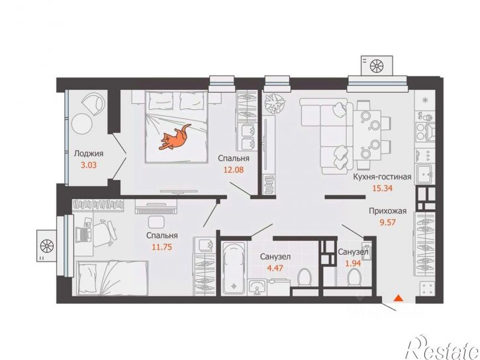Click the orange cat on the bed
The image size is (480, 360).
(x=175, y=138)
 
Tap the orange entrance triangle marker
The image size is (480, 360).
(x=398, y=298)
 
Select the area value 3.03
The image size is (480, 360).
(x=89, y=165)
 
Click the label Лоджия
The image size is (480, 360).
(x=89, y=154)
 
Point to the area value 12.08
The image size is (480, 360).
(x=234, y=170)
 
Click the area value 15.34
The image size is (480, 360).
(x=382, y=188)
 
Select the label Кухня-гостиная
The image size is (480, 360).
(x=382, y=177)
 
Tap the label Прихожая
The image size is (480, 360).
(x=387, y=211)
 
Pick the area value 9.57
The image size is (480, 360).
(x=387, y=222)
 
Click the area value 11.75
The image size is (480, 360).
(x=162, y=247)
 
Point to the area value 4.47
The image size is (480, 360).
(x=275, y=268)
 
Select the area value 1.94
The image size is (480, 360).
(x=353, y=263)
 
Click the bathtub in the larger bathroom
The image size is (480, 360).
(x=233, y=268)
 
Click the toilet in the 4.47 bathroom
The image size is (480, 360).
(x=305, y=278)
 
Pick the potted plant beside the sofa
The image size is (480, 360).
(x=275, y=103)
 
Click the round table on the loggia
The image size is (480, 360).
(x=81, y=123)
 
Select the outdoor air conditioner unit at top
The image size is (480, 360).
(x=377, y=66)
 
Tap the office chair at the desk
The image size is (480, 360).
(x=104, y=233)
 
